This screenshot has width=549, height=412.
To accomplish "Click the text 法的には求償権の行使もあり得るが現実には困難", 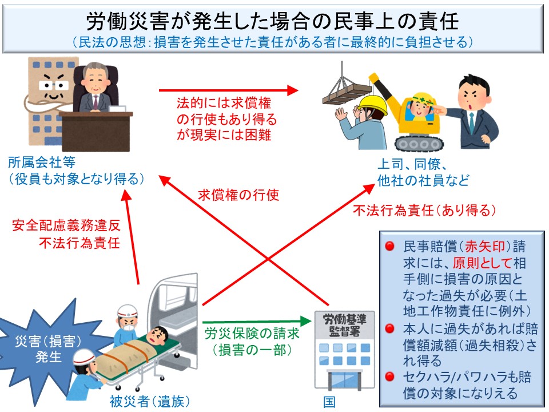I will (x=226, y=119).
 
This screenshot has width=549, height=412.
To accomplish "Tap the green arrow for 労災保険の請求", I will (x=252, y=323).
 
